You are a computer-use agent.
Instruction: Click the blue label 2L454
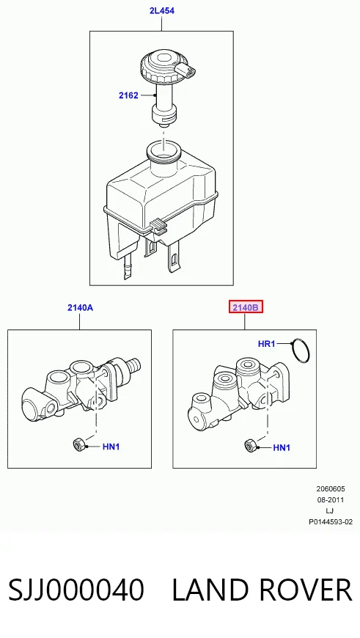click(162, 11)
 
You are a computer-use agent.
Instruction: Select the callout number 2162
click(128, 95)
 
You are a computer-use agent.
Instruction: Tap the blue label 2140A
click(80, 307)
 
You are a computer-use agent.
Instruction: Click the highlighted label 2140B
click(246, 307)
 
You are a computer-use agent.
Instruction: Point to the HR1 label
click(267, 344)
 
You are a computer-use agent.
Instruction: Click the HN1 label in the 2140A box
click(111, 447)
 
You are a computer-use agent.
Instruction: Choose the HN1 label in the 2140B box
click(282, 448)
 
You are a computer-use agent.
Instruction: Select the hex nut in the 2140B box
click(250, 446)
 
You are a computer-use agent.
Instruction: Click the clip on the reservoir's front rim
click(158, 226)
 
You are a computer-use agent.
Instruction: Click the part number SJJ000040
click(76, 590)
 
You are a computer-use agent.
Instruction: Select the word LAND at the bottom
click(210, 590)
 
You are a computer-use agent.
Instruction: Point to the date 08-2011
click(330, 499)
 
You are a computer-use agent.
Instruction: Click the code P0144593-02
click(330, 521)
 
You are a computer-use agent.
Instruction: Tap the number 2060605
click(330, 488)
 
